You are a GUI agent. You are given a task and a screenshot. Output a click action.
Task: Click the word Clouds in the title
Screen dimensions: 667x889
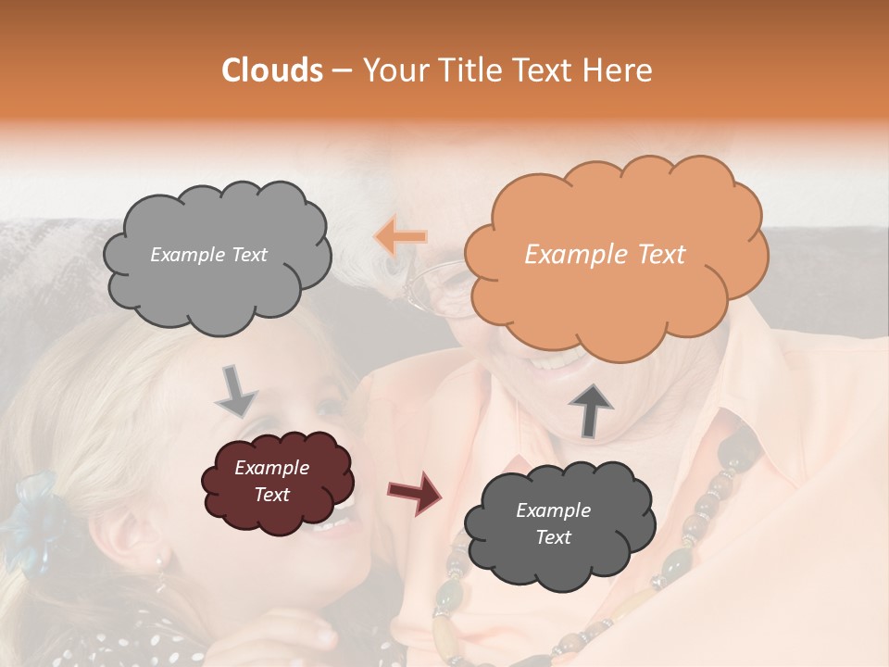[x=272, y=70]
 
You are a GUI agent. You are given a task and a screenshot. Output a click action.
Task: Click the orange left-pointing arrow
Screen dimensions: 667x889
[x=401, y=237]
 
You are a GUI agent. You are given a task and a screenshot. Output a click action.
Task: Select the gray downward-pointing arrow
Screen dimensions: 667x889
[x=236, y=390]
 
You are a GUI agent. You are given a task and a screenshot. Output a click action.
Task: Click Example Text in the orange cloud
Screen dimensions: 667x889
[x=605, y=255]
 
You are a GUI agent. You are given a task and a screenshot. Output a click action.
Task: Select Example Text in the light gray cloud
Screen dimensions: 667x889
[x=208, y=255]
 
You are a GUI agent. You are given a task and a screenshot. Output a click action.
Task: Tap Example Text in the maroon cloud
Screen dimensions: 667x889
[x=272, y=482]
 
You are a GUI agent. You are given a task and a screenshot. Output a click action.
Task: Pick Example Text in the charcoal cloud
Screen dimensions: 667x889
[x=553, y=524]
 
